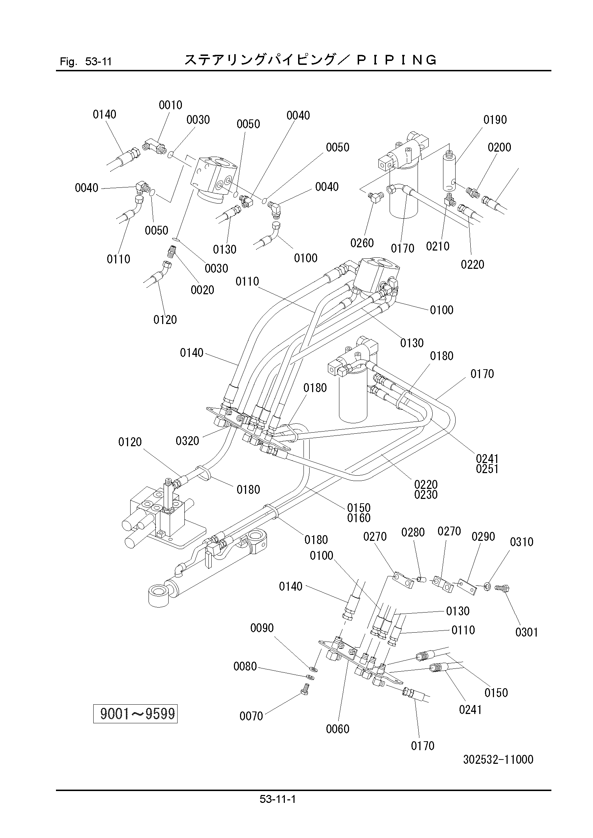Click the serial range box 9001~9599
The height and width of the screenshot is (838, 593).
tap(135, 714)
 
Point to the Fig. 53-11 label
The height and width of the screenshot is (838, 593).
tap(85, 61)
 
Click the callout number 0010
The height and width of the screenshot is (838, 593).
tap(170, 105)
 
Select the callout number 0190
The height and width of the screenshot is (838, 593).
tap(495, 120)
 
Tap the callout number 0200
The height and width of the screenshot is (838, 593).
tap(499, 147)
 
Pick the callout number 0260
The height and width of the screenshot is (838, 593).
tap(362, 243)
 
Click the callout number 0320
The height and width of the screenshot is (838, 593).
tap(187, 441)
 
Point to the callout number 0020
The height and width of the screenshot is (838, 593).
tap(202, 290)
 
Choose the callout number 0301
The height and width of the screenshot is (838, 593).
tap(527, 632)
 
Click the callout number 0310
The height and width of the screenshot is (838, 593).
tap(522, 542)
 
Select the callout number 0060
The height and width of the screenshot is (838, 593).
tap(338, 729)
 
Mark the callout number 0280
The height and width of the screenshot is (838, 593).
tap(413, 533)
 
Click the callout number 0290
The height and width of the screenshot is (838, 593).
tap(483, 537)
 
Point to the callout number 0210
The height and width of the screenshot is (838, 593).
tap(438, 246)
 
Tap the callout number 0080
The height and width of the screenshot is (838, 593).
tap(245, 666)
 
